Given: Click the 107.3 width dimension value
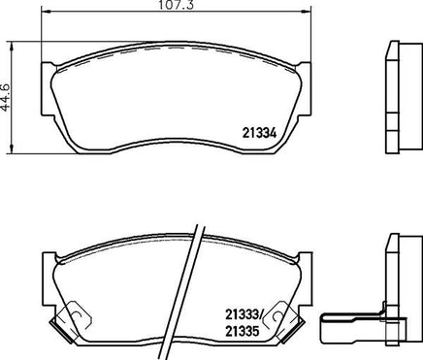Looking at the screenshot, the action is point(177,5).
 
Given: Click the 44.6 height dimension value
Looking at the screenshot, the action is point(6,97).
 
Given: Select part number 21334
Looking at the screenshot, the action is point(259,133).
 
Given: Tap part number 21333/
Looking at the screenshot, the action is point(244,313).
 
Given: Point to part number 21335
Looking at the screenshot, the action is point(243,331).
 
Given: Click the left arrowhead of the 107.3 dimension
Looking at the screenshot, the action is point(47,12).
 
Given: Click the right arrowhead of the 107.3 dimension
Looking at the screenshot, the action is point(306,12).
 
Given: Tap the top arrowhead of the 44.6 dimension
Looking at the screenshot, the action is point(12,46).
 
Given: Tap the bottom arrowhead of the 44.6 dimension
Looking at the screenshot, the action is point(12,148).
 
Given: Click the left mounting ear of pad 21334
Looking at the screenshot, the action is point(48,89).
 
